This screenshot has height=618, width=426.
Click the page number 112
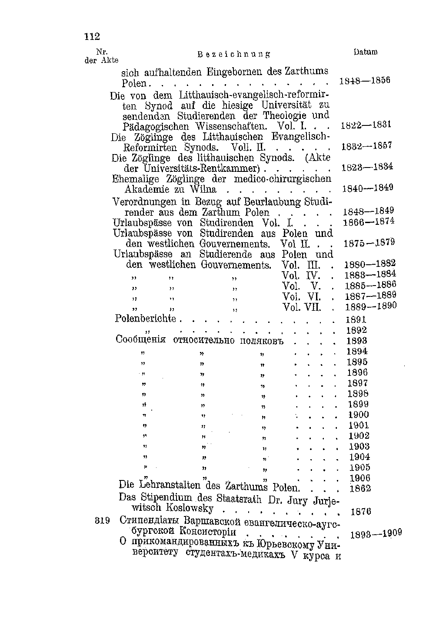(92, 36)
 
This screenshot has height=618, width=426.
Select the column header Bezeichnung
(233, 55)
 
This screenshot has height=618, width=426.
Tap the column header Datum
(365, 53)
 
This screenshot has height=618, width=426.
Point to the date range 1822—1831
(366, 125)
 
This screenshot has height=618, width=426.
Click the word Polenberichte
(145, 319)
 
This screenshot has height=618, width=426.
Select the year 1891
(356, 320)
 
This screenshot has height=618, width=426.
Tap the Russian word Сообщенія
(141, 340)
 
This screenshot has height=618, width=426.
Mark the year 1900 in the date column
(359, 415)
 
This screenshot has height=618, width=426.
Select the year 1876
(361, 512)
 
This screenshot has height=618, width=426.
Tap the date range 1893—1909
(376, 533)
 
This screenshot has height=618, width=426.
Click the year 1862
(360, 489)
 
